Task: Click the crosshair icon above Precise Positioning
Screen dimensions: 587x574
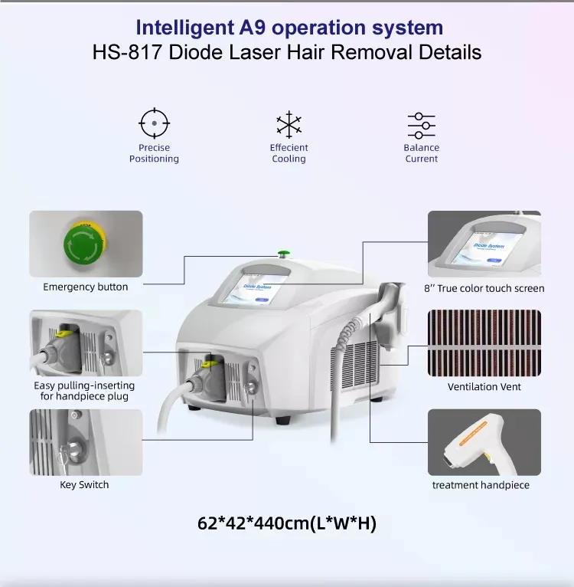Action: (154, 123)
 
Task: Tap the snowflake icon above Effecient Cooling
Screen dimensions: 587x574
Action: (289, 125)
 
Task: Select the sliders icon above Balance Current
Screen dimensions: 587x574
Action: (421, 125)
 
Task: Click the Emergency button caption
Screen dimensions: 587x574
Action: (86, 287)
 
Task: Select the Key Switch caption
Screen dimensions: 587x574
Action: (84, 485)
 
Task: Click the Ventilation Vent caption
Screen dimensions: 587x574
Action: (484, 387)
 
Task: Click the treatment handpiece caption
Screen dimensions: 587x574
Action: (481, 485)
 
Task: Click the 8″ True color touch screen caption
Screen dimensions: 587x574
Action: (484, 289)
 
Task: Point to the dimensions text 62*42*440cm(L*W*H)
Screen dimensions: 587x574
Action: (287, 524)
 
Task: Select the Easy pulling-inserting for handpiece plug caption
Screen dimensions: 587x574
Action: (84, 391)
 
